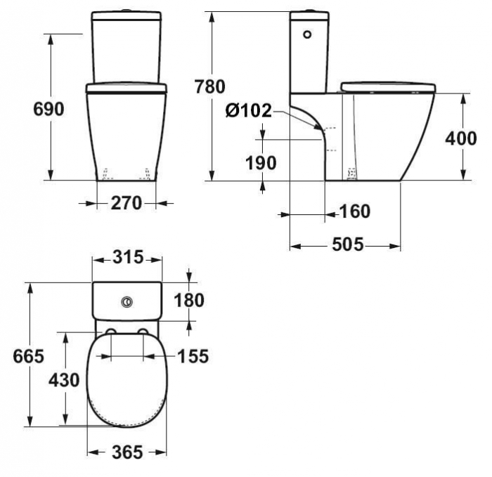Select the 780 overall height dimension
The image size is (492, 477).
[x=210, y=87]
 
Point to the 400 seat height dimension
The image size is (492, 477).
[x=461, y=138]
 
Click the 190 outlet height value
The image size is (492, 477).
[x=261, y=163]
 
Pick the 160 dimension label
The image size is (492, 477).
[x=354, y=211]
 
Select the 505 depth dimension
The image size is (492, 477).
[x=347, y=244]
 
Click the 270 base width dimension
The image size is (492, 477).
[x=127, y=203]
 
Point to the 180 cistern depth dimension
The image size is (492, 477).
[x=189, y=300]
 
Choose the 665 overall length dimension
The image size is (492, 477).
[x=29, y=355]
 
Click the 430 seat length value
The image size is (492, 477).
[x=64, y=380]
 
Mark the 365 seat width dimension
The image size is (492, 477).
[x=127, y=452]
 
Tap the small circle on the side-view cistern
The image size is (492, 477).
[x=306, y=34]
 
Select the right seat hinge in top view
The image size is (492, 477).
[x=143, y=332]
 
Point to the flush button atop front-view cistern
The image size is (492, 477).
[x=127, y=11]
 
